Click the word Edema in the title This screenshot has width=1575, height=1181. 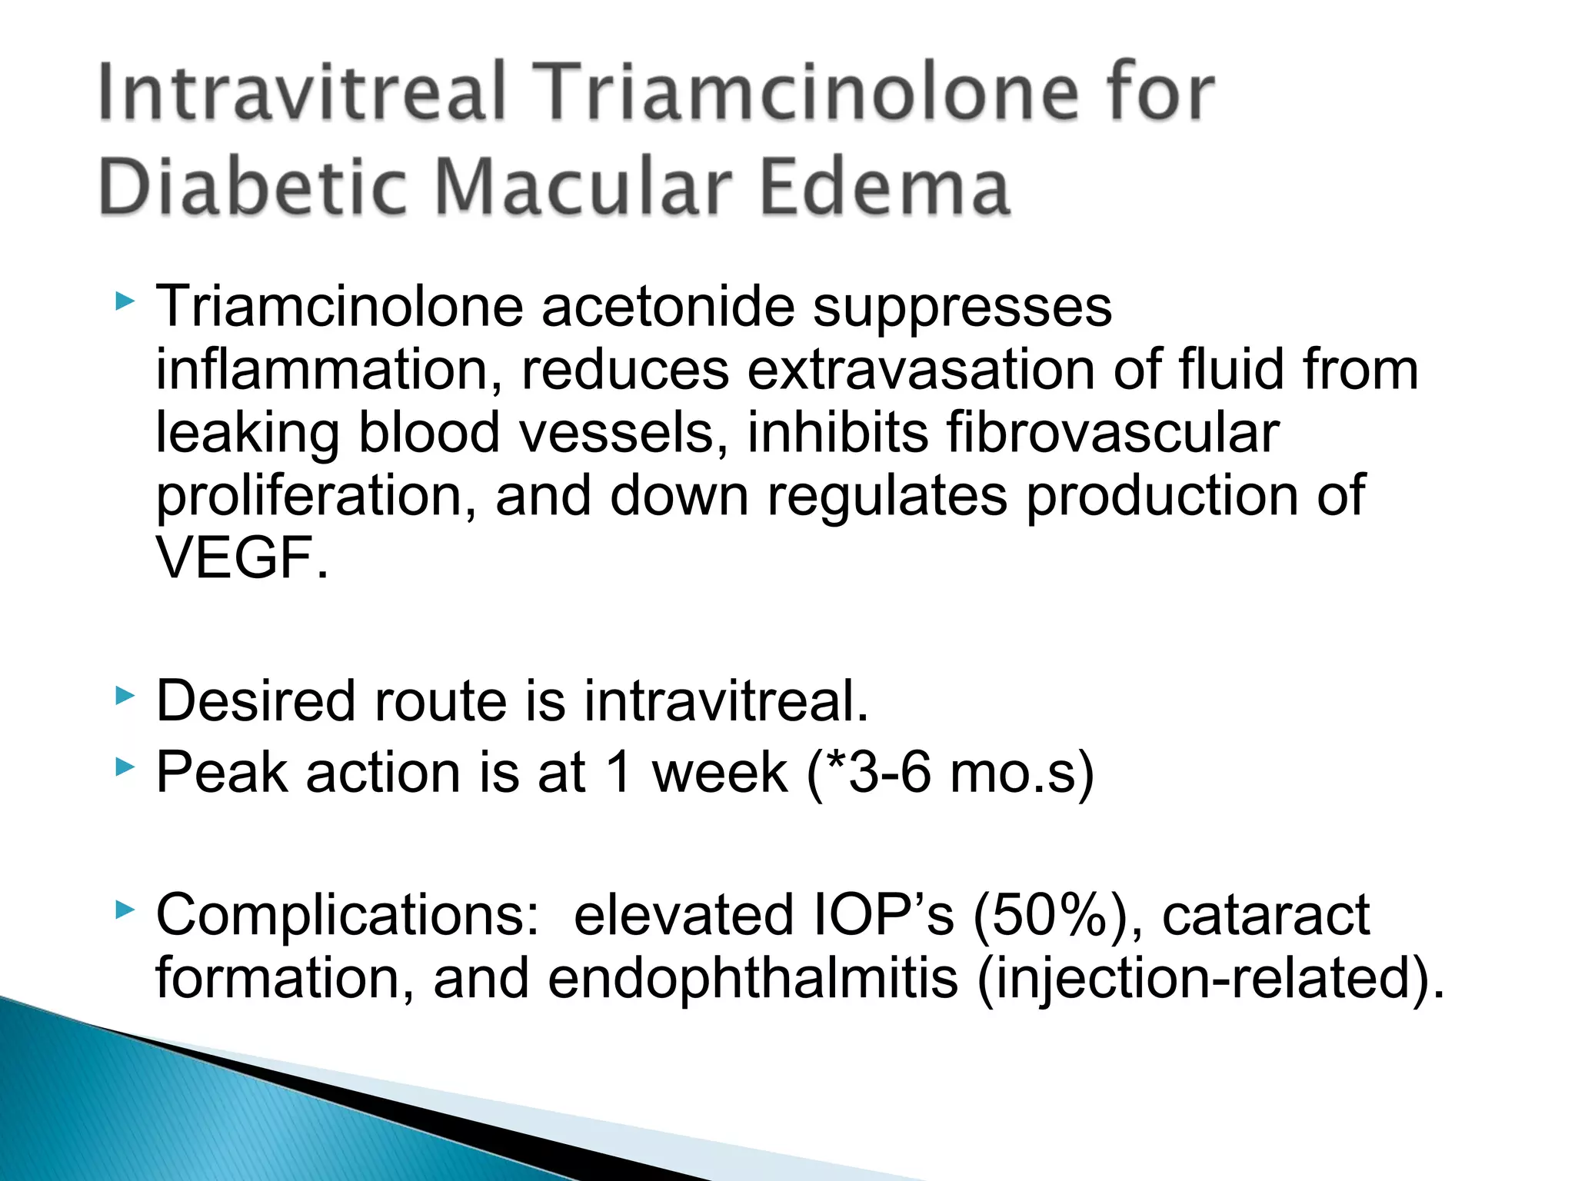click(x=884, y=188)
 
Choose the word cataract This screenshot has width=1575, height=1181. click(x=1266, y=916)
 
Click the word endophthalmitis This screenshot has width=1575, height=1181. click(x=753, y=979)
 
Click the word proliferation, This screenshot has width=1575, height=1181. click(x=316, y=496)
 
